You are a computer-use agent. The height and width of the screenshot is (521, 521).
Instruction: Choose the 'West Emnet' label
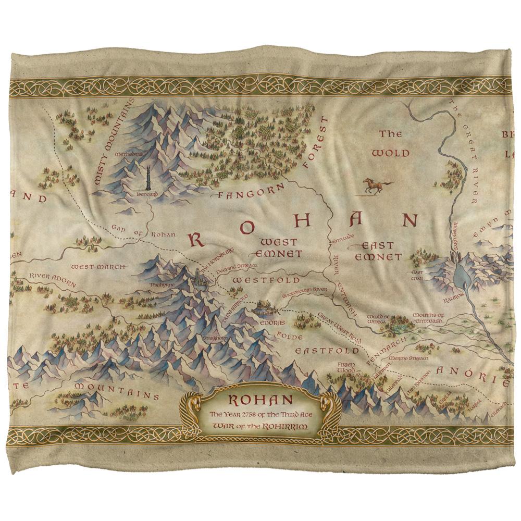pos(279,248)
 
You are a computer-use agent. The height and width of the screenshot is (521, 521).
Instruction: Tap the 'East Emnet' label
pos(378,251)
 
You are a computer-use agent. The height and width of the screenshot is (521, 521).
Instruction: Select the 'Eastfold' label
pos(319,351)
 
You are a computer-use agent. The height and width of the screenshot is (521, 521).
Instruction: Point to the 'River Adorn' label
pos(53,279)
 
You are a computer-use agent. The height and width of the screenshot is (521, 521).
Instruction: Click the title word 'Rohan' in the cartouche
pos(260,401)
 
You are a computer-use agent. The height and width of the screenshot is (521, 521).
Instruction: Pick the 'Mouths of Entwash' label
pos(428,318)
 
